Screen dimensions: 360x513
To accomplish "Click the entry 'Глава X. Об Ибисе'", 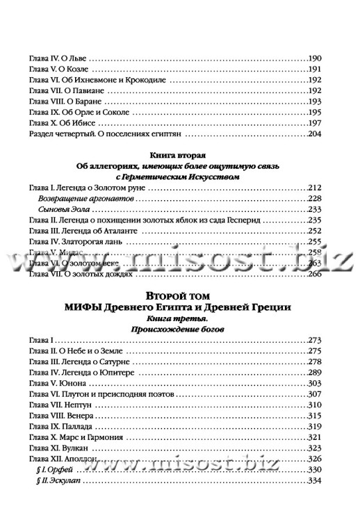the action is (x=60, y=122).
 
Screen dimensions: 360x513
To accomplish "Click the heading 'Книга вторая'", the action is (x=179, y=156).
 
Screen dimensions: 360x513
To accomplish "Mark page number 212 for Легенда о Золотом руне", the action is (x=317, y=188).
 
